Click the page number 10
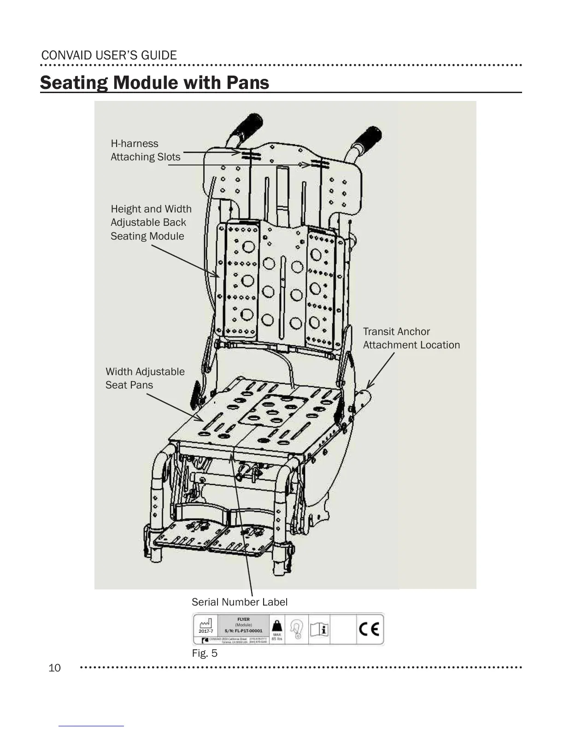coord(54,668)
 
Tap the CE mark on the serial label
coord(369,629)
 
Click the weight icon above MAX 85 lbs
coord(277,626)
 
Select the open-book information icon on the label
coord(319,629)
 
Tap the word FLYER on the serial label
coord(243,619)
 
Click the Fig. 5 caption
coord(205,653)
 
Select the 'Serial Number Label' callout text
coord(239,602)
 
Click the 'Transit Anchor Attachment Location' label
coord(411,338)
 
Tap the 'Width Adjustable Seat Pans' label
coord(145,378)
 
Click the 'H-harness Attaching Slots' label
coord(145,150)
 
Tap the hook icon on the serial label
coord(297,629)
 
